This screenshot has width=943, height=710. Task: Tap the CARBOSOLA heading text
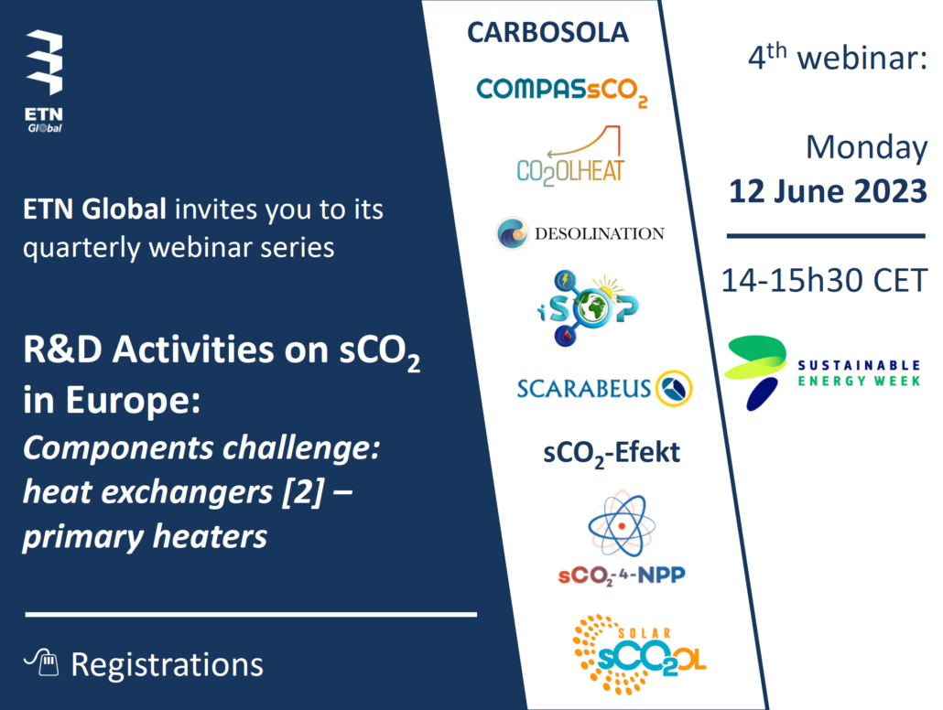(547, 32)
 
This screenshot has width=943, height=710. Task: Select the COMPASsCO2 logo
(562, 92)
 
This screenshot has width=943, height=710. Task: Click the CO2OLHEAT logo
(570, 156)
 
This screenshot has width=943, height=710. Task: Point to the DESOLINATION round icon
(512, 233)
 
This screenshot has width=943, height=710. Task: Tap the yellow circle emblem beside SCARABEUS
(674, 388)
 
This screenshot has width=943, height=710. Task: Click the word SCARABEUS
(583, 389)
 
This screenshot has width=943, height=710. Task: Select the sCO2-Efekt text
(611, 454)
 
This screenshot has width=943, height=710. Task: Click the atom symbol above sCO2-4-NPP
(622, 525)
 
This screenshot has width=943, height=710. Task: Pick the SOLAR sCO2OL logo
(639, 655)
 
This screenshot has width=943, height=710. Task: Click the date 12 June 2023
(828, 191)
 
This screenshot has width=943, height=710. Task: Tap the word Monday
(866, 148)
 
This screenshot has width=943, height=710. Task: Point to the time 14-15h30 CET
(824, 281)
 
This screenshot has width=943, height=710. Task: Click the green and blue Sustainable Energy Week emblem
(756, 372)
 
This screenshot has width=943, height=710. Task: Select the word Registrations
(168, 665)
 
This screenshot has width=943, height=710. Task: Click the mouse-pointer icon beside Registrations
(41, 662)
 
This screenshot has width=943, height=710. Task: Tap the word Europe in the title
(133, 401)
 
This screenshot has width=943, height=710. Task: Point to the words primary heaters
(145, 537)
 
